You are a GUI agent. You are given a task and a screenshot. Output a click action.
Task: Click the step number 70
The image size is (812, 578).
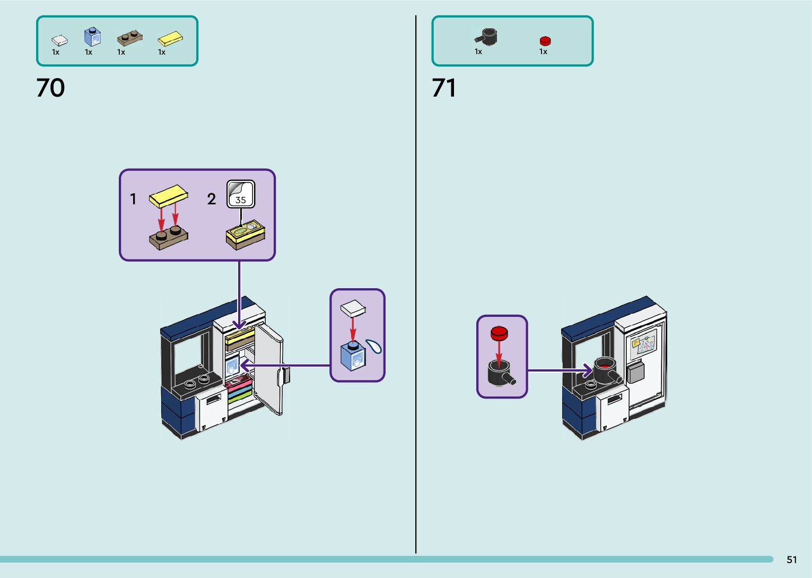tap(50, 88)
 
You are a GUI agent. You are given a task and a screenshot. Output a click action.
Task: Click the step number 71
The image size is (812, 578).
tap(444, 88)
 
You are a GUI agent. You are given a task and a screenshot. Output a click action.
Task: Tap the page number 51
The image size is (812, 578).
tap(791, 559)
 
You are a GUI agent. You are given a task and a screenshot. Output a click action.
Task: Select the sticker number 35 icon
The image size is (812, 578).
tap(241, 194)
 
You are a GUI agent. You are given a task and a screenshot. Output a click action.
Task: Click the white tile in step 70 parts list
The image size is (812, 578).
tap(59, 40)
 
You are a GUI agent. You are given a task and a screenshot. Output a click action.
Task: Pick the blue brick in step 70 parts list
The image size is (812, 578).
tap(92, 37)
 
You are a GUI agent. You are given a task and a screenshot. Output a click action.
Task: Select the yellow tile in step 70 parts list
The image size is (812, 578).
tap(170, 39)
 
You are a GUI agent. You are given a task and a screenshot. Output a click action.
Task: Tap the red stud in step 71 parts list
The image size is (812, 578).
tap(545, 41)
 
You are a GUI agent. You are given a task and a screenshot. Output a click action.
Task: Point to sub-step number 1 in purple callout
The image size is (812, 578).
tap(133, 199)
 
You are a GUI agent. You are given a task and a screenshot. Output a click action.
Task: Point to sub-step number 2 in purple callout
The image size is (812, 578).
tap(211, 199)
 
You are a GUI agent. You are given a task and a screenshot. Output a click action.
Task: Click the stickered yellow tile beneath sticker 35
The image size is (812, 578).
tap(246, 234)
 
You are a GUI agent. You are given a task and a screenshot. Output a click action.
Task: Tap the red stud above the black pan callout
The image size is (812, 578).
tap(499, 333)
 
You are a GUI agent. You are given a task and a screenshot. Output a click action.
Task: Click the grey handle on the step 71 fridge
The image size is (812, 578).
tap(635, 372)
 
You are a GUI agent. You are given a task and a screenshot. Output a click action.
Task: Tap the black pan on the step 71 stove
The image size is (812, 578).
tap(606, 369)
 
